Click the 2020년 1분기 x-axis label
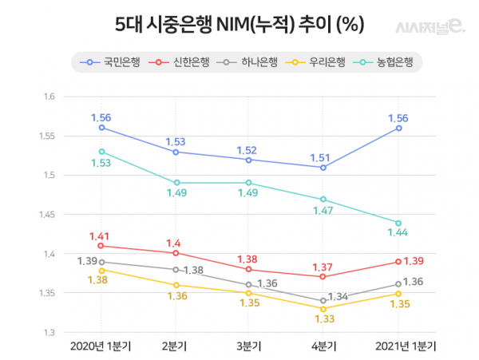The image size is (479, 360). pos(101,347)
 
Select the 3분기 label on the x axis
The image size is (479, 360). pos(248,347)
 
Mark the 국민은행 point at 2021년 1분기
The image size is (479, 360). pos(398,128)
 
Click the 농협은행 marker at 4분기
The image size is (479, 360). pos(323,199)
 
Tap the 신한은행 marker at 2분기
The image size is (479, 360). pos(176,253)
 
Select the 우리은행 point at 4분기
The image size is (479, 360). pos(323,309)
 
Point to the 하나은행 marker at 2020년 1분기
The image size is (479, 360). pos(101,262)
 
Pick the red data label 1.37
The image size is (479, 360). pos(323,267)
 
